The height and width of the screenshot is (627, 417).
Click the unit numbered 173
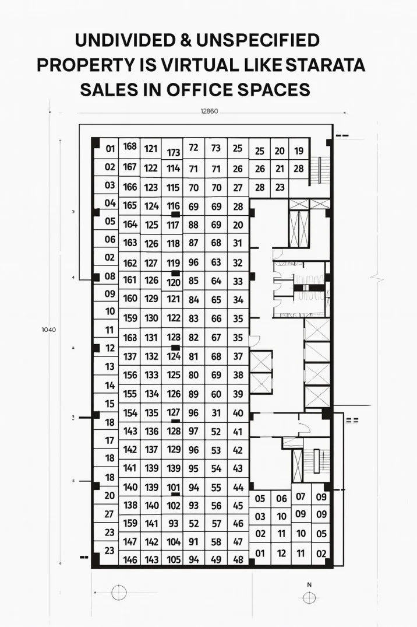click(x=174, y=152)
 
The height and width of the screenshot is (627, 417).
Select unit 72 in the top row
click(x=194, y=148)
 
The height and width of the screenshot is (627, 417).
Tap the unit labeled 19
click(x=299, y=150)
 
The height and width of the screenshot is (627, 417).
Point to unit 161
click(x=130, y=280)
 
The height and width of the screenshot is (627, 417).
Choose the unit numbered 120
click(x=174, y=283)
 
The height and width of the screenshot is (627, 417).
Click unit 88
click(x=194, y=225)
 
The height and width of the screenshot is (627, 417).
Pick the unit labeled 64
click(x=216, y=281)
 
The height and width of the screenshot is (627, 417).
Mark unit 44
click(x=238, y=487)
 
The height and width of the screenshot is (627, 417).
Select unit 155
click(x=130, y=394)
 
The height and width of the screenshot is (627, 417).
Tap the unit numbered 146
click(x=130, y=559)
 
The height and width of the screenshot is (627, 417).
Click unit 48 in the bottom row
click(x=238, y=559)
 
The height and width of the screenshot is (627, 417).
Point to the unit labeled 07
click(x=301, y=496)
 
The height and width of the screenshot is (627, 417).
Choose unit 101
click(x=174, y=488)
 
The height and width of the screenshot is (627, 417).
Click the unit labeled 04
click(x=110, y=203)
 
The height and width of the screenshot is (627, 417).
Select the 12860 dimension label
click(x=209, y=111)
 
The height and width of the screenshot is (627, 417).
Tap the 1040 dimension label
click(x=49, y=330)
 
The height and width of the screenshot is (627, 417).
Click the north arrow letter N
click(x=309, y=584)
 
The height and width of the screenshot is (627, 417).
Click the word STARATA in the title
click(x=326, y=65)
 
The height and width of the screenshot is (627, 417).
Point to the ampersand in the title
click(x=186, y=40)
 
